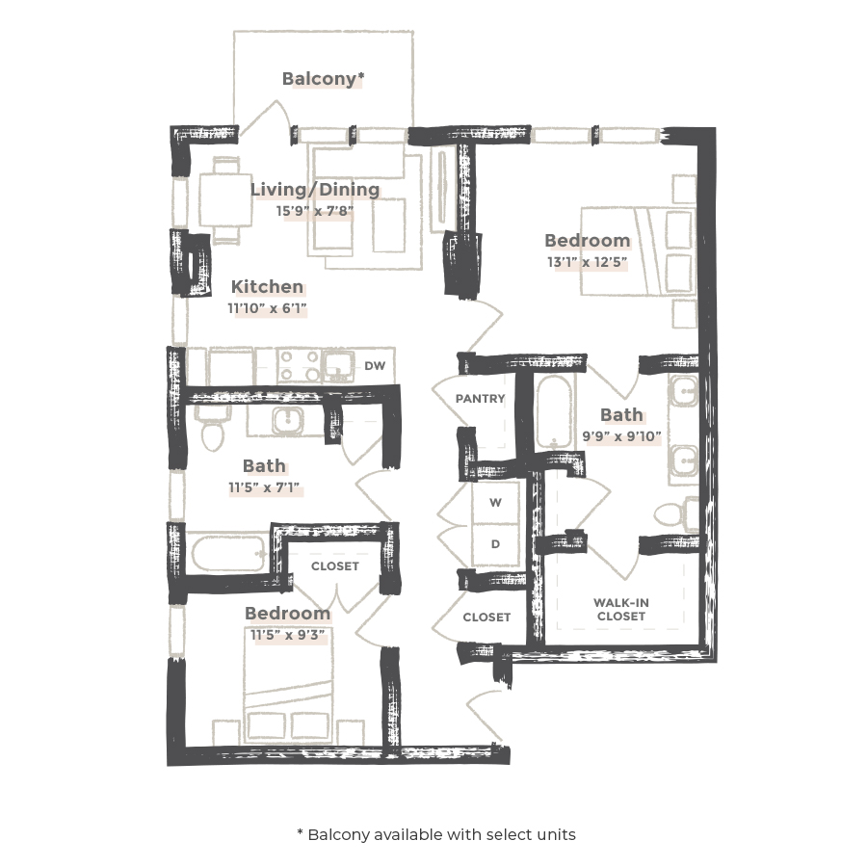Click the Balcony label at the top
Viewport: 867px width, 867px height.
[x=323, y=79]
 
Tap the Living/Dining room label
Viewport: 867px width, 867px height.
[x=315, y=190]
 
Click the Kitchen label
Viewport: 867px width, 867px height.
[x=267, y=287]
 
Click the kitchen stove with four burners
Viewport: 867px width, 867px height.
[x=299, y=366]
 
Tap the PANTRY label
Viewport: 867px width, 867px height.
[x=481, y=398]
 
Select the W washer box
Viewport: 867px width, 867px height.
[x=495, y=503]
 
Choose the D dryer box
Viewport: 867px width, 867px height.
[x=495, y=544]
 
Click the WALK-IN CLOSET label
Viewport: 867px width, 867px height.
[x=621, y=609]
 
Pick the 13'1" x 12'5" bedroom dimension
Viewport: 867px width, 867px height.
[x=587, y=261]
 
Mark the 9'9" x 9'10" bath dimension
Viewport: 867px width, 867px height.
[x=621, y=436]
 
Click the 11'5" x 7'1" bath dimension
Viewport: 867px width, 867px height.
[x=264, y=488]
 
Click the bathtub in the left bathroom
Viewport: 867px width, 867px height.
[x=228, y=554]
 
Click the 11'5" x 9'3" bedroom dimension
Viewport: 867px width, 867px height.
[x=286, y=635]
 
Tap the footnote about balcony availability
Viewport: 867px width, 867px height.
[x=435, y=834]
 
